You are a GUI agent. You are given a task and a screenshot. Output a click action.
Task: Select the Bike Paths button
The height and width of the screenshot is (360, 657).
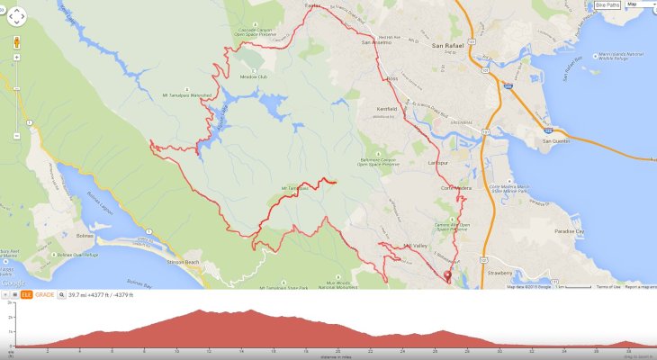(607, 4)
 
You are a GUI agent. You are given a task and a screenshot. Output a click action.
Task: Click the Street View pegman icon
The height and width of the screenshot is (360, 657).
(17, 42)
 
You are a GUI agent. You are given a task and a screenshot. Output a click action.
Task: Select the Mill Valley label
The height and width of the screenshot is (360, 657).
(415, 245)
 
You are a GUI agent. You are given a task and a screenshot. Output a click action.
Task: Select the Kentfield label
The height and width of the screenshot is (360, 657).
(387, 109)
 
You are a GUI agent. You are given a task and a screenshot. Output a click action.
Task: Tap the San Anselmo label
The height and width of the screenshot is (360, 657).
(377, 42)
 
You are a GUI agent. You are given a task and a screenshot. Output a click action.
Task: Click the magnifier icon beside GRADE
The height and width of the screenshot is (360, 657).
(61, 294)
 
